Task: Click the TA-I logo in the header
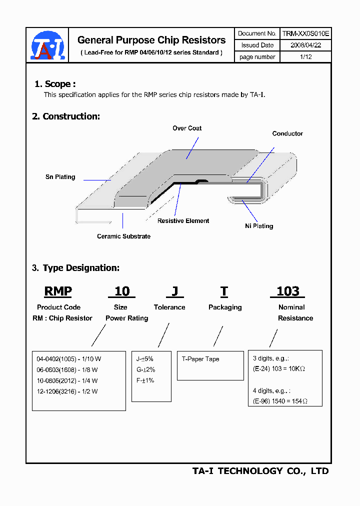(x=47, y=45)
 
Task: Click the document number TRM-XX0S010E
(x=305, y=33)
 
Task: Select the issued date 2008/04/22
(x=305, y=45)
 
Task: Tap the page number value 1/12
(x=305, y=57)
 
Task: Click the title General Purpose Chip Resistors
(x=151, y=40)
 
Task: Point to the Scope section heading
(x=55, y=84)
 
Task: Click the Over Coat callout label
(x=187, y=128)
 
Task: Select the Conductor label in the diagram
(x=287, y=133)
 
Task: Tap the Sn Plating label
(x=60, y=177)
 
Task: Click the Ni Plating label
(x=259, y=226)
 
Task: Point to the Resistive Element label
(x=183, y=221)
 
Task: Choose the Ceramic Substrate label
(x=123, y=236)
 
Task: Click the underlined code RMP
(x=58, y=291)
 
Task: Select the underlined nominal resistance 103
(x=288, y=291)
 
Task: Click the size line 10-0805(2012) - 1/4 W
(x=67, y=380)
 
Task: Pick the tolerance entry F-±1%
(x=145, y=380)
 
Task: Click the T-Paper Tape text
(x=200, y=359)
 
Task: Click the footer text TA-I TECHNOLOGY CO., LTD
(x=260, y=471)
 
